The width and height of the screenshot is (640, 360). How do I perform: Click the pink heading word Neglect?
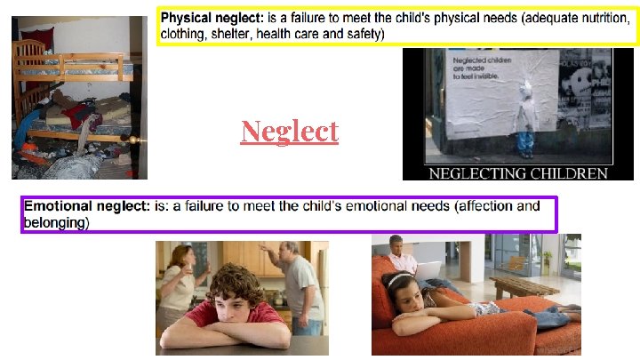tap(290, 132)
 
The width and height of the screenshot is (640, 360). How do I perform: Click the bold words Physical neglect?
tap(210, 17)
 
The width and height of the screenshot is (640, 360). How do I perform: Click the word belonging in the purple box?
tap(55, 223)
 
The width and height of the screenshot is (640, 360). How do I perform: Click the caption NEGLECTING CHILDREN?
tap(508, 173)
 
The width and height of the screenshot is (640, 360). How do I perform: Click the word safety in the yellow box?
tap(364, 34)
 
